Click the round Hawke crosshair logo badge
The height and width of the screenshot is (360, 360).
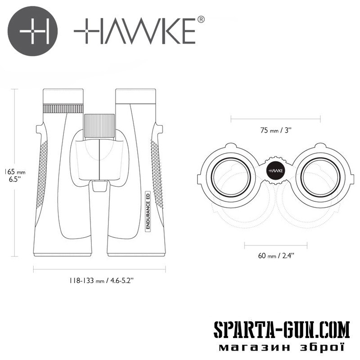(x=32, y=31)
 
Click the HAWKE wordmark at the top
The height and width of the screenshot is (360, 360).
(x=135, y=31)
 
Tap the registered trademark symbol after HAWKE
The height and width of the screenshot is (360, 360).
(x=201, y=19)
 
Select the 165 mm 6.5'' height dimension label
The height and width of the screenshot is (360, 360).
(x=14, y=175)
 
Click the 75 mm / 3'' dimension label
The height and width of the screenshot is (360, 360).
(x=276, y=130)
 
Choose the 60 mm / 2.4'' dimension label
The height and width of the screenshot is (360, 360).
(x=276, y=256)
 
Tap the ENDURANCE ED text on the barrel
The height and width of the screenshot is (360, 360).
(x=148, y=211)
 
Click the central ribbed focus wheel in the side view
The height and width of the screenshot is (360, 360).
(x=99, y=126)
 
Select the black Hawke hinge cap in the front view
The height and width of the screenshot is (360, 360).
(x=275, y=171)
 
